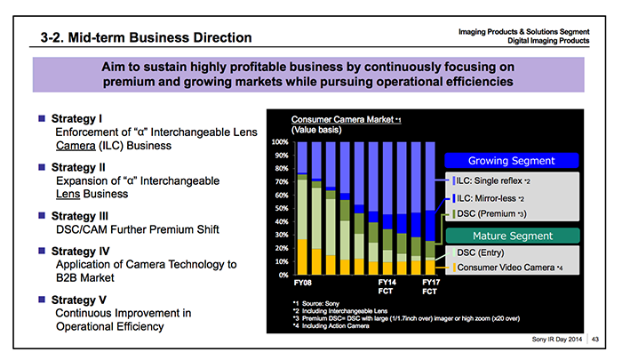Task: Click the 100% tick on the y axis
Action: tap(278, 141)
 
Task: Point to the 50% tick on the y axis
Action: tap(280, 208)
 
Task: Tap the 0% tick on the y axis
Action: tap(283, 275)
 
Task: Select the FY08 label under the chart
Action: tap(303, 282)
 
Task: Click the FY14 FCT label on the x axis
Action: tap(386, 286)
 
